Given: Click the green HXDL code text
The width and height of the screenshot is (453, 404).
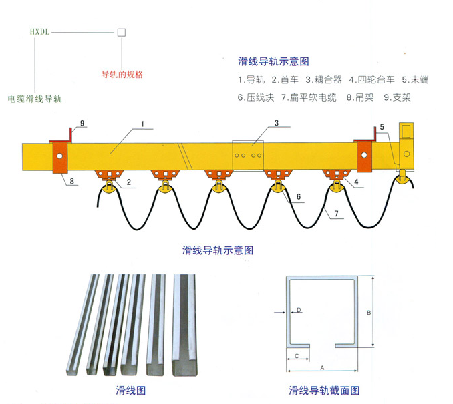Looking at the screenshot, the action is [40, 32].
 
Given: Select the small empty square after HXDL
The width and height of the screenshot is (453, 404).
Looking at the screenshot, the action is [122, 32].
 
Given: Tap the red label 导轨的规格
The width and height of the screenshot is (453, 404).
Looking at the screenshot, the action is [122, 75].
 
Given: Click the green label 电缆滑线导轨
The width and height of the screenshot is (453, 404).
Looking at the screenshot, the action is [35, 99].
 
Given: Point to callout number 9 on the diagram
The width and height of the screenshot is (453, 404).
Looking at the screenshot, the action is [82, 124].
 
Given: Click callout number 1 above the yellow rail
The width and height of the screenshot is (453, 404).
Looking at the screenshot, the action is [142, 124].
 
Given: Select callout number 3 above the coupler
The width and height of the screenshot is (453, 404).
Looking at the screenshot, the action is [277, 123].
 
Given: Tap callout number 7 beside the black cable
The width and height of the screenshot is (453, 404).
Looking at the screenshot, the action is [336, 214].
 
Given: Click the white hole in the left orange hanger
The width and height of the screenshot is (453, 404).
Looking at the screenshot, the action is [59, 156].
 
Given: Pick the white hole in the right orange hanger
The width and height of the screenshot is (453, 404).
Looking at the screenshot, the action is [364, 155].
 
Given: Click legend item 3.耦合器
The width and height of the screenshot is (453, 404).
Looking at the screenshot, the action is [323, 79].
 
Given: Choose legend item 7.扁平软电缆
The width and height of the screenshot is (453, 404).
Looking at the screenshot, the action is [309, 97].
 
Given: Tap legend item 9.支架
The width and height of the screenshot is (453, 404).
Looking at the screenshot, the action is [398, 97].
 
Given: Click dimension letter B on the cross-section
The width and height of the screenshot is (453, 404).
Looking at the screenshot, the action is [369, 313].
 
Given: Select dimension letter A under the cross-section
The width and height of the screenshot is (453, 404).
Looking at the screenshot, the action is [322, 368].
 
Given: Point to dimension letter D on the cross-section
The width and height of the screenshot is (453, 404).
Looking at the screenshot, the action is [299, 310].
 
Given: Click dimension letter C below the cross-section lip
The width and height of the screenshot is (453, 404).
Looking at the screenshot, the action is [297, 356].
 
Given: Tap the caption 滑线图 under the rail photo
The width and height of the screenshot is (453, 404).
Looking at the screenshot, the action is [130, 391].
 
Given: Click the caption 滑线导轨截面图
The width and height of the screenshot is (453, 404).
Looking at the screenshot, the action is [324, 391].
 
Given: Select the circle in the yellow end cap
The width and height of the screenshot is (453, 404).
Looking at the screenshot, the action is [406, 154].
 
